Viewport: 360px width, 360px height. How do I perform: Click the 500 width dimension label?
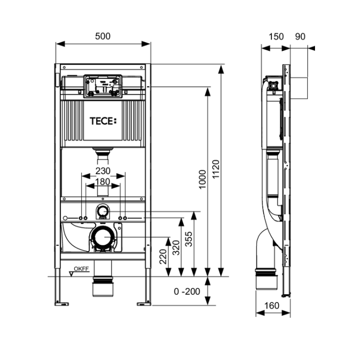[x=103, y=36]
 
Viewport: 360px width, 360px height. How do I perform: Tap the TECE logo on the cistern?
[x=103, y=121]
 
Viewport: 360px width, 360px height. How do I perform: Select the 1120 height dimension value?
[x=216, y=170]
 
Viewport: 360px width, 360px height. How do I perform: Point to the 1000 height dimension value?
[x=202, y=180]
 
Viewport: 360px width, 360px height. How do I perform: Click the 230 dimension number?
[x=103, y=171]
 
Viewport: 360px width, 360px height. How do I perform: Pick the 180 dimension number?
[x=103, y=182]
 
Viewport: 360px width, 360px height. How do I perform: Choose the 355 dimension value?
[x=189, y=239]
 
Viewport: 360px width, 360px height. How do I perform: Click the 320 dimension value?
[x=176, y=248]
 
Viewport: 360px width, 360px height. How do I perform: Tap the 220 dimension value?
[x=163, y=256]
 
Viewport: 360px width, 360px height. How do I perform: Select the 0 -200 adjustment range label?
[x=187, y=292]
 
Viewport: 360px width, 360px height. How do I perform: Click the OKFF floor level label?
[x=81, y=269]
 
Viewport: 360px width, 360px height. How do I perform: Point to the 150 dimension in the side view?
[x=276, y=37]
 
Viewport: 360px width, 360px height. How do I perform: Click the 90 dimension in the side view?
[x=300, y=37]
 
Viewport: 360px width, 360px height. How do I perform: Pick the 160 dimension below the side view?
[x=272, y=306]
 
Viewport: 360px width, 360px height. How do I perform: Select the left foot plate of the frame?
[x=62, y=304]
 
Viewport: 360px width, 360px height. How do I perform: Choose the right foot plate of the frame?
[x=144, y=304]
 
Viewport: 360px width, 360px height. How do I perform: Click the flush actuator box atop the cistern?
[x=103, y=86]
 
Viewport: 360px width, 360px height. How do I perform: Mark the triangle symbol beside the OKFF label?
[x=72, y=274]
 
